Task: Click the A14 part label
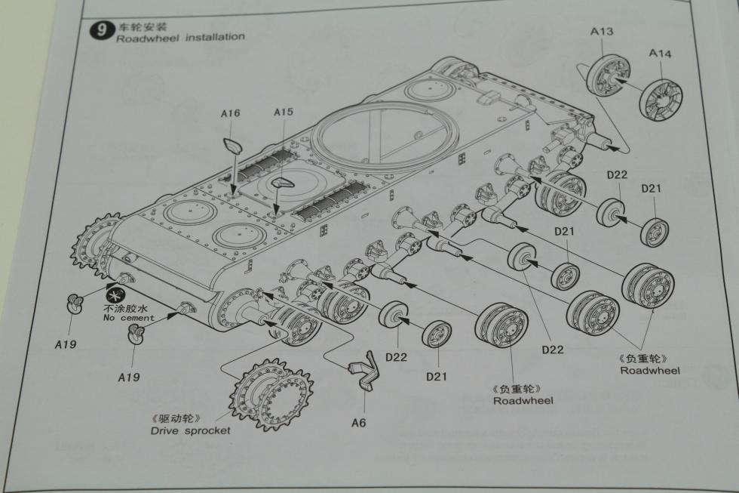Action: pyautogui.click(x=661, y=53)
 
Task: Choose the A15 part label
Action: pyautogui.click(x=284, y=112)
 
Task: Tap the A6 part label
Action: pyautogui.click(x=358, y=422)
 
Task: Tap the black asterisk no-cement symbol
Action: pyautogui.click(x=116, y=294)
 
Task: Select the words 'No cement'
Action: pyautogui.click(x=128, y=318)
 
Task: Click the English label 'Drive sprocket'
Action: pyautogui.click(x=190, y=430)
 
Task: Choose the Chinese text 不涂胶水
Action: pyautogui.click(x=128, y=308)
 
